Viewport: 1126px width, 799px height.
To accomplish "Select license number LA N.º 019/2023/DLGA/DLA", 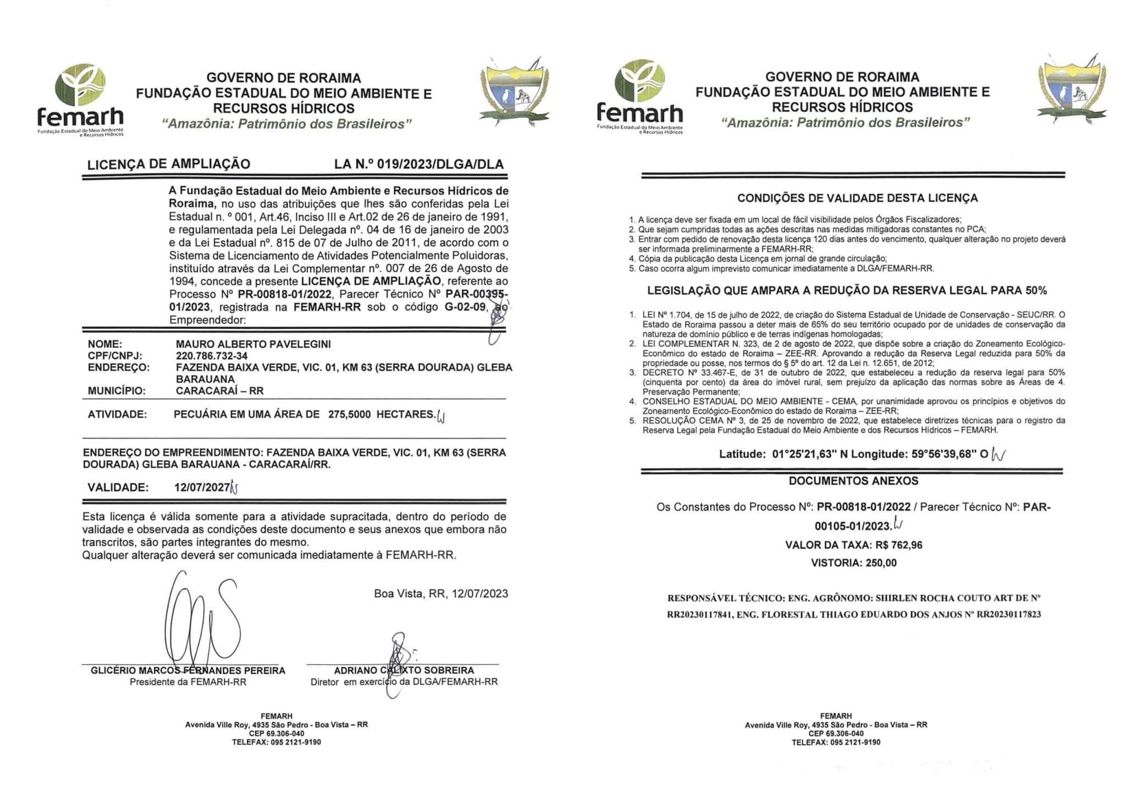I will tap(418, 164).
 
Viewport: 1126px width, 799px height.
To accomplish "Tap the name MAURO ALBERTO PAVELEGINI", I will tap(253, 344).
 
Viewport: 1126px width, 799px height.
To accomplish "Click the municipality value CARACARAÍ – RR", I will tap(219, 391).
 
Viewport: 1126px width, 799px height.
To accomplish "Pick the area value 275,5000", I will tap(349, 414).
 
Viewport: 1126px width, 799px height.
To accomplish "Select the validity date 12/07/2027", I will tap(201, 487).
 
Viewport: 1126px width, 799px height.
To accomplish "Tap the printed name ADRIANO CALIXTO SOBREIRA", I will tap(404, 670).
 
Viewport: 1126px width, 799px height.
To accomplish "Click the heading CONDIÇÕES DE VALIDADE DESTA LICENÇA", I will tap(857, 198).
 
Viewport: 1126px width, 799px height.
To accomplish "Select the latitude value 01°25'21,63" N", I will tap(807, 454).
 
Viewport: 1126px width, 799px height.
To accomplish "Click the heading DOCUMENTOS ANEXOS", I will tap(853, 481).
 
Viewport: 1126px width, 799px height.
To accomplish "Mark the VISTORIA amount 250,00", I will tap(881, 563).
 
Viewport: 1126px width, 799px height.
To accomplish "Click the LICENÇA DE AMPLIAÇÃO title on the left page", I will tap(168, 164).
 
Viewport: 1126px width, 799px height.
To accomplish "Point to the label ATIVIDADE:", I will tap(117, 414).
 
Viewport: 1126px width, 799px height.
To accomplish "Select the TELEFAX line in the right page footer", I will tap(836, 742).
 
